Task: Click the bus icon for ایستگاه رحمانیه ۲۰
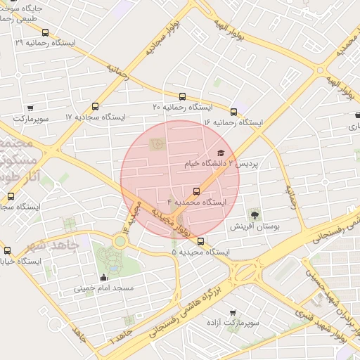tap(183, 96)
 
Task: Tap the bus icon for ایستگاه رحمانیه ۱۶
tap(233, 111)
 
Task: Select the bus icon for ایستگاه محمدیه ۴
tap(196, 191)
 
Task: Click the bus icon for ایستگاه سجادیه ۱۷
tap(96, 106)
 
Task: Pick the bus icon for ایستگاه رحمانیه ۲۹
tap(46, 32)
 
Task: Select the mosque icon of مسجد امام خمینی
tap(105, 277)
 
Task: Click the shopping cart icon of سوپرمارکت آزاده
tap(233, 312)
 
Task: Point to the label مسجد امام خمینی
tap(104, 288)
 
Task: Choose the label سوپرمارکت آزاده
tap(235, 323)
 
